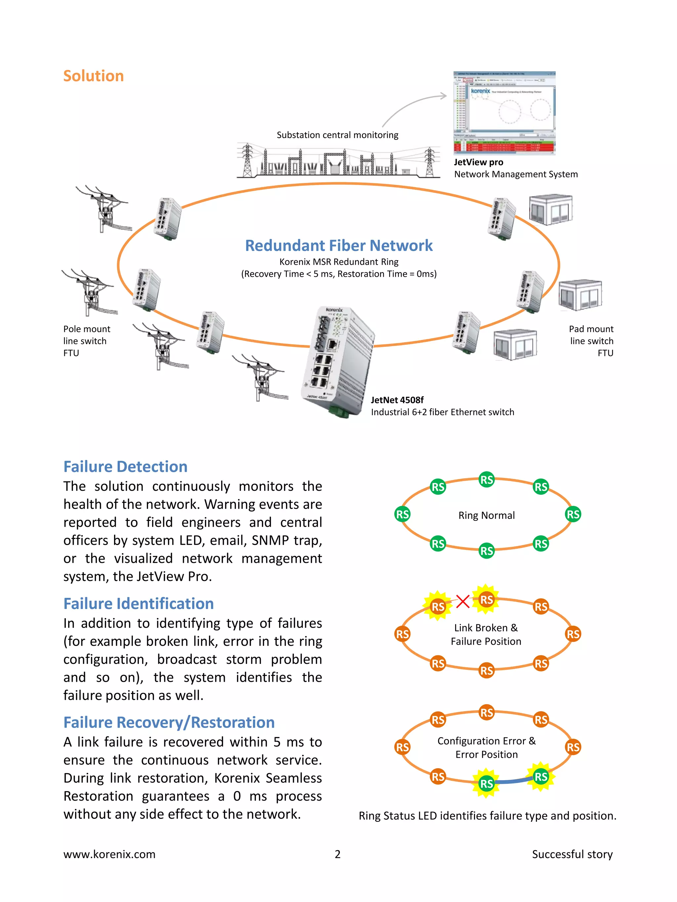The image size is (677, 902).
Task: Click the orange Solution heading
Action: [x=94, y=76]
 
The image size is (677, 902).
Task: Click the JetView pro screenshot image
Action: [x=504, y=113]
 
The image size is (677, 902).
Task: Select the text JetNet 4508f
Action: [x=397, y=400]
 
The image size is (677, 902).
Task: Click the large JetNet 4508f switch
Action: [x=338, y=361]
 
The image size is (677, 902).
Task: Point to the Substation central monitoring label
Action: [x=337, y=135]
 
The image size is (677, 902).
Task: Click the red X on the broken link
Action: [x=462, y=601]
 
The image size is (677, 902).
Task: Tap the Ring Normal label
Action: [x=486, y=516]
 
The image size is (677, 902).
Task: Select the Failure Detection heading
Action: [x=125, y=466]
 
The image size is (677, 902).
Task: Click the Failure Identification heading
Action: [x=138, y=603]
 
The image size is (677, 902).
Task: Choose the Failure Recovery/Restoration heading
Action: [x=169, y=722]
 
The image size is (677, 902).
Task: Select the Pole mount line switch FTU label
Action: [x=87, y=341]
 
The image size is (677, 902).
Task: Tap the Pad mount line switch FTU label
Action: [x=591, y=341]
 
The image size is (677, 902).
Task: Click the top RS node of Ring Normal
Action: [x=486, y=480]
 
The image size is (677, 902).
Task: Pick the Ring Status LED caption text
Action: [x=487, y=815]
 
